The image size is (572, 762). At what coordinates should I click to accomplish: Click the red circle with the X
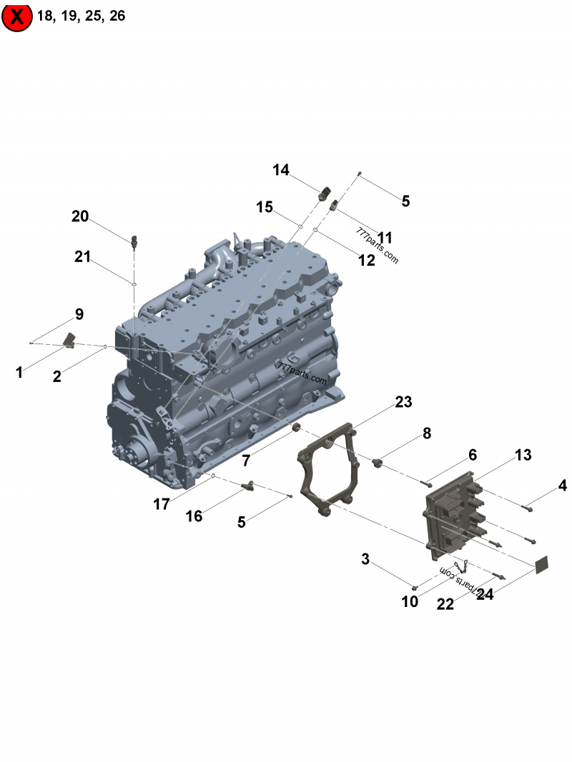click(17, 16)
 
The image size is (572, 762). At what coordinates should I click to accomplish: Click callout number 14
click(281, 169)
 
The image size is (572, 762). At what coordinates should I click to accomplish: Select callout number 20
click(80, 216)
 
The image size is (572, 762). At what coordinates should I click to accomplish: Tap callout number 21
click(82, 256)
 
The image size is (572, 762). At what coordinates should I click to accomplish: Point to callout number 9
click(79, 314)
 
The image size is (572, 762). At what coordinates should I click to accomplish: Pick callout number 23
click(403, 401)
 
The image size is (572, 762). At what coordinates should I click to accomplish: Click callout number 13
click(523, 454)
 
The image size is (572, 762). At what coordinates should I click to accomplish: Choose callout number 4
click(562, 485)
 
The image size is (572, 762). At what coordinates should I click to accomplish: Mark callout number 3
click(365, 559)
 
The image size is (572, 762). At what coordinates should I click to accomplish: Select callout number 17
click(162, 504)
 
